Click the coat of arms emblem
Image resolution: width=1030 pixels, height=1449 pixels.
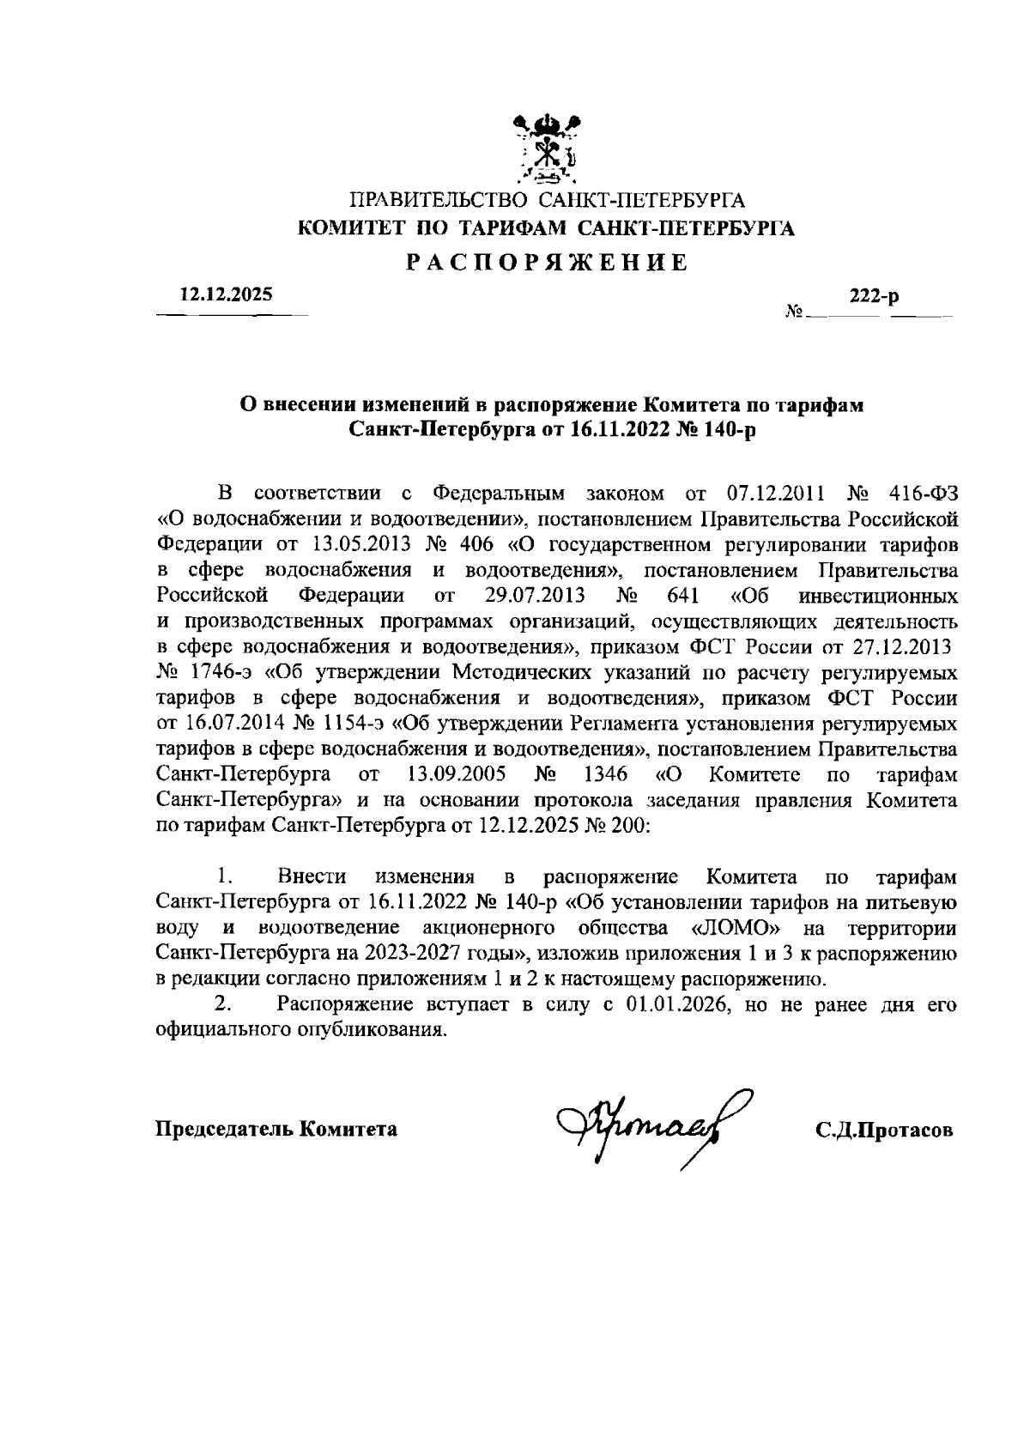[547, 149]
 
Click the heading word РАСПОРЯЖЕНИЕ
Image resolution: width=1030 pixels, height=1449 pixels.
[546, 263]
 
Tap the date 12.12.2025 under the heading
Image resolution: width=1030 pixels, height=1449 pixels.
[226, 294]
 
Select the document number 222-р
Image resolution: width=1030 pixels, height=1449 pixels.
[874, 298]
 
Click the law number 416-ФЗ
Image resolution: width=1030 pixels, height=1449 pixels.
[924, 494]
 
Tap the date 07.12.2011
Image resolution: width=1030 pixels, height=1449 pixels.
[776, 494]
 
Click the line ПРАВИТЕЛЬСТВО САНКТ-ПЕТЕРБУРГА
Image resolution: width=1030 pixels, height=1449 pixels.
[547, 203]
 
